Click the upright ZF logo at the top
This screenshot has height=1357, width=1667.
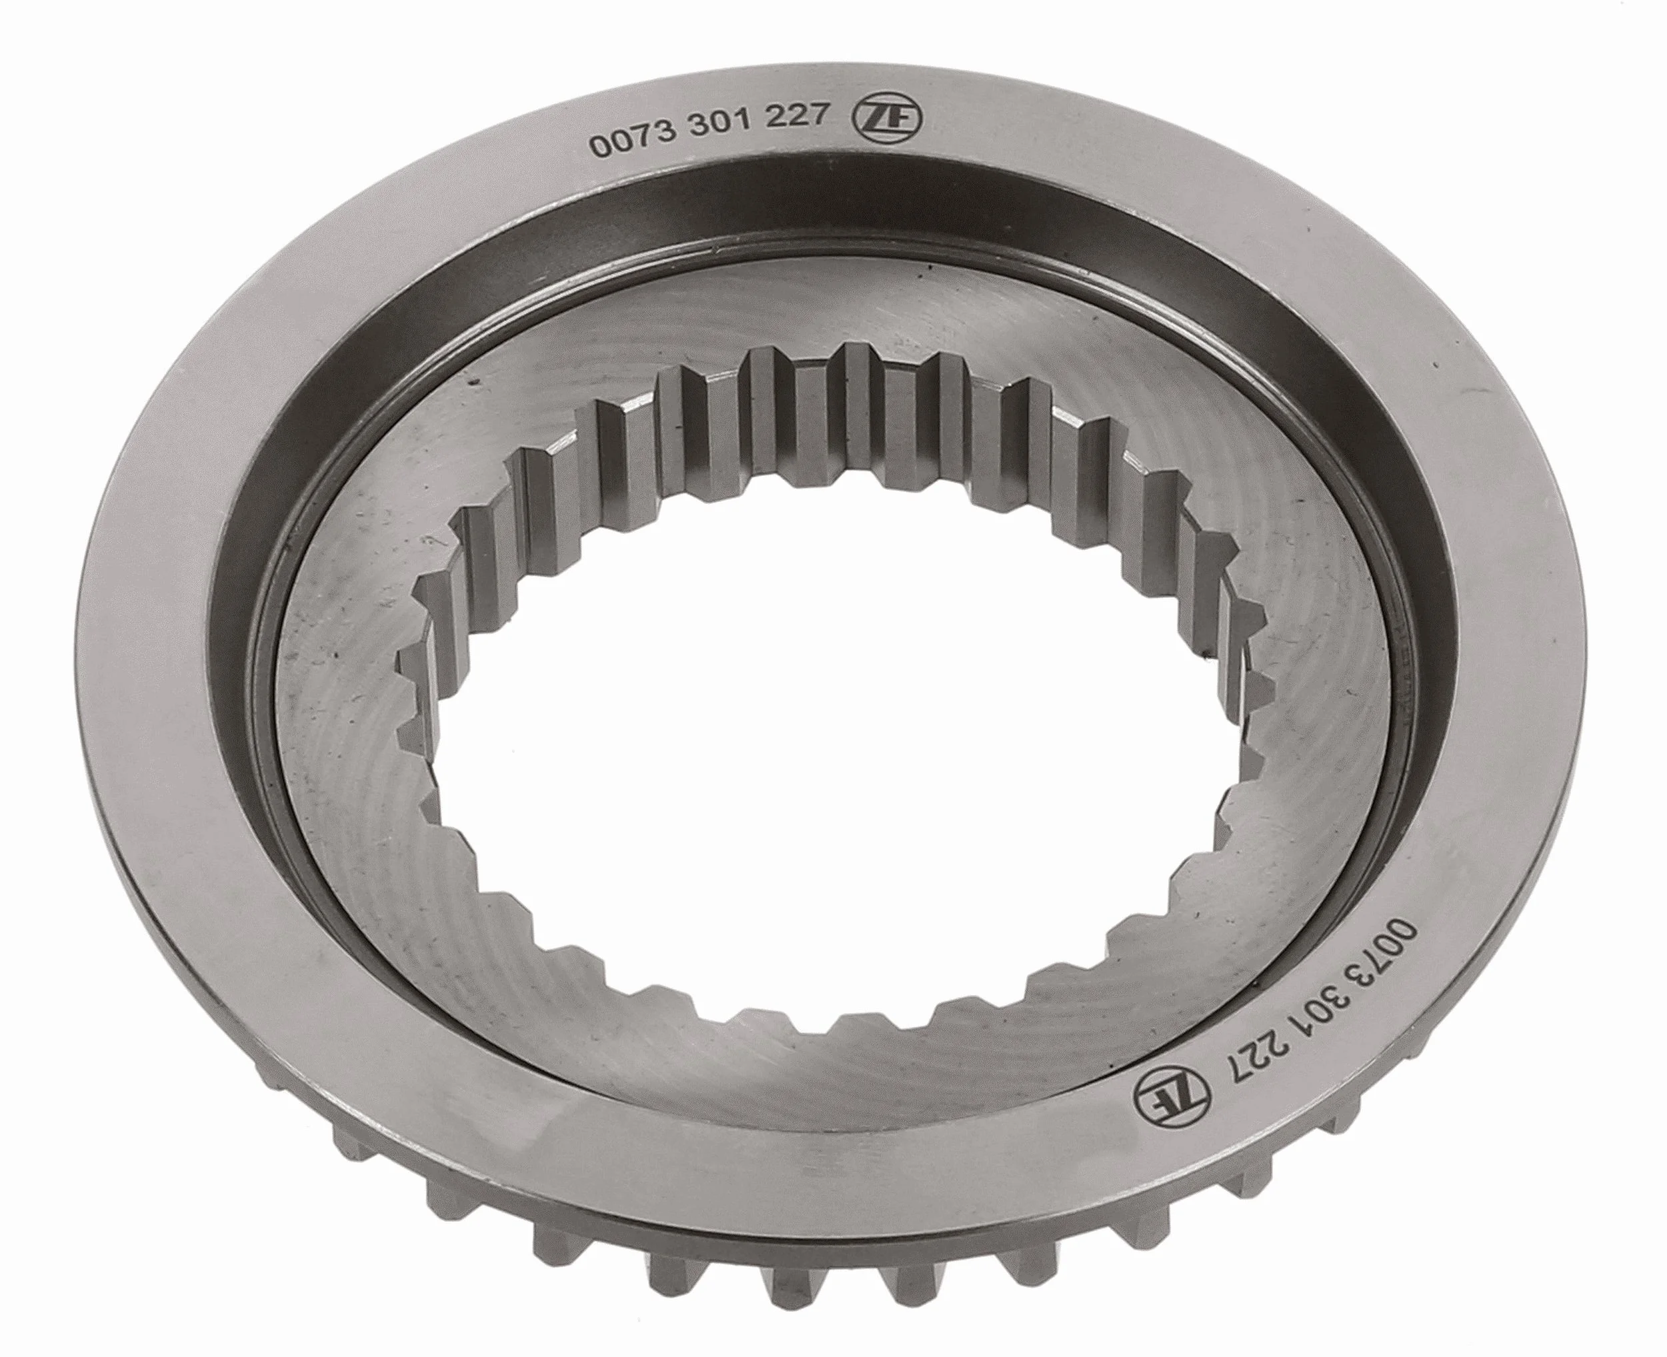[x=894, y=119]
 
